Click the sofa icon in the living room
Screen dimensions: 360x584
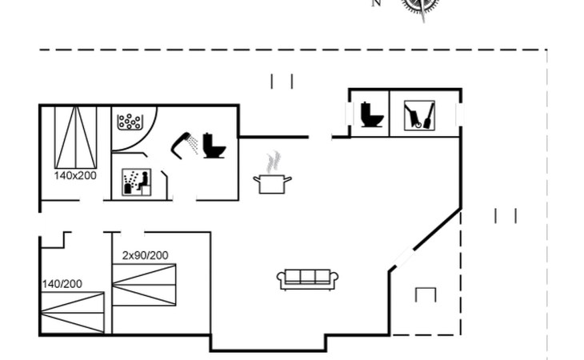pyautogui.click(x=308, y=278)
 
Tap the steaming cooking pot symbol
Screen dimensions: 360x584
pyautogui.click(x=272, y=183)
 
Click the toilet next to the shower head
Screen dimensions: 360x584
pyautogui.click(x=214, y=145)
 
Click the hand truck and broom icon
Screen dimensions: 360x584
pyautogui.click(x=418, y=115)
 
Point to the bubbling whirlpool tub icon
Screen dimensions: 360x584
pyautogui.click(x=129, y=122)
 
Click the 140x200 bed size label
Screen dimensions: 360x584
pyautogui.click(x=75, y=174)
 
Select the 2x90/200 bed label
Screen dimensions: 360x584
pyautogui.click(x=145, y=255)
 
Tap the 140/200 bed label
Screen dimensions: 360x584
pyautogui.click(x=62, y=283)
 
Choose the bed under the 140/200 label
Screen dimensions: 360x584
pyautogui.click(x=72, y=311)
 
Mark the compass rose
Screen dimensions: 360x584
pyautogui.click(x=421, y=6)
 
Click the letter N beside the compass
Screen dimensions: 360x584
pyautogui.click(x=376, y=3)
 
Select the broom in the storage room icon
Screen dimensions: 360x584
pyautogui.click(x=427, y=117)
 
